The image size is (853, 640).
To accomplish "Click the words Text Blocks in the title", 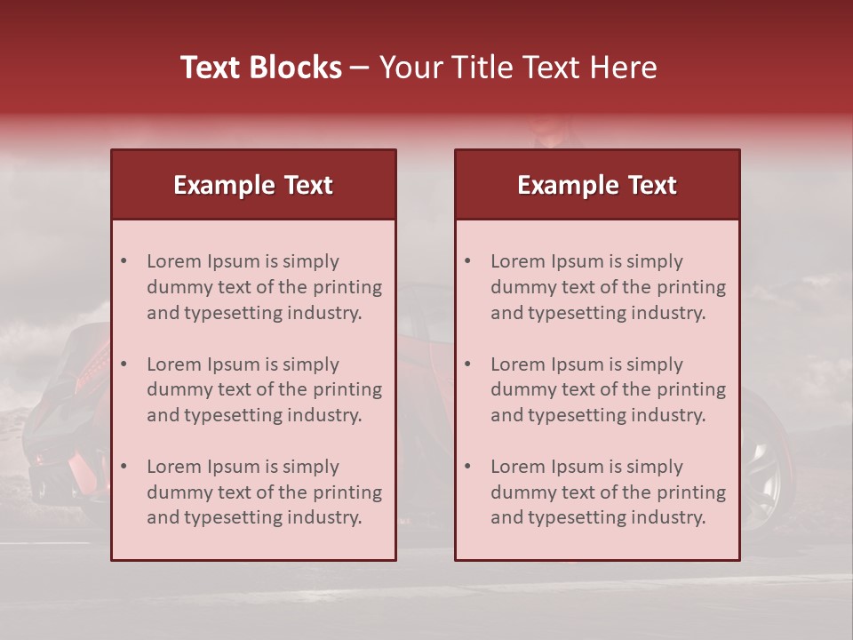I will coord(261,68).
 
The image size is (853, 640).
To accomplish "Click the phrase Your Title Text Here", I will coord(518,68).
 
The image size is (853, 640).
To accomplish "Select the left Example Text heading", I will coord(253,185).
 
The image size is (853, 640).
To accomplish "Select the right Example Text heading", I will coord(597,185).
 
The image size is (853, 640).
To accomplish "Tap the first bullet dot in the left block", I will coord(124,261).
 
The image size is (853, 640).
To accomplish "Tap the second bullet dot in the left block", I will coord(124,364).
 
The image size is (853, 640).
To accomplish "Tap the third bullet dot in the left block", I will coord(124,467).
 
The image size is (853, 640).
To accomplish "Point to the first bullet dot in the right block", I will coord(467,261).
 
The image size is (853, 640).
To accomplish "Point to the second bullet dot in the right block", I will coord(467,364).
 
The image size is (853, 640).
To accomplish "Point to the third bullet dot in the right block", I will coord(467,467).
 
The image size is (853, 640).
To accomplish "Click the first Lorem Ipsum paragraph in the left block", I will coord(264,287).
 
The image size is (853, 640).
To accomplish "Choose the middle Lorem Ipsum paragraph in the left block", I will coord(264,389).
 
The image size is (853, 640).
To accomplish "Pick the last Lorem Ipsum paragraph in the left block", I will coord(264,492).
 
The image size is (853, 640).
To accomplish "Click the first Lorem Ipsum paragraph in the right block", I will coord(608,287).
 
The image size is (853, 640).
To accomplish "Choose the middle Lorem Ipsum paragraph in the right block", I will coord(608,389).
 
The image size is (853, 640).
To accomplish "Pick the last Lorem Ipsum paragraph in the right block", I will coord(608,492).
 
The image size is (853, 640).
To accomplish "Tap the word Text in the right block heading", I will coord(653,185).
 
